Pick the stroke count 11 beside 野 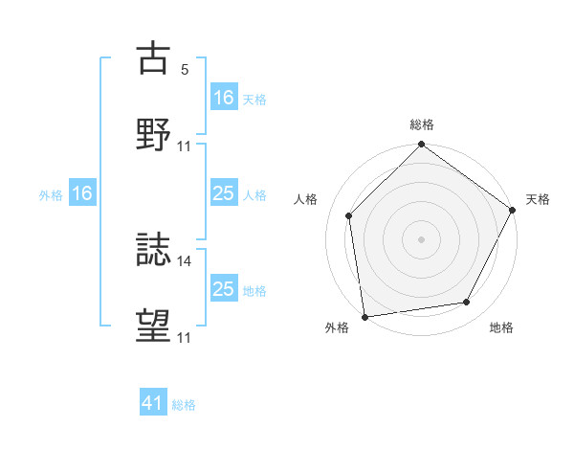[x=185, y=146]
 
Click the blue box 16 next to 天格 [x=224, y=98]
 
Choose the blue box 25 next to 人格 [x=224, y=193]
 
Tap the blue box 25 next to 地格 [x=224, y=289]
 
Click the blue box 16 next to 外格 [x=82, y=193]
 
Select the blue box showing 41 [x=153, y=404]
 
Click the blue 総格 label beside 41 [x=184, y=405]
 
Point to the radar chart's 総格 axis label [x=422, y=124]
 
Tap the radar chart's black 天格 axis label [x=539, y=199]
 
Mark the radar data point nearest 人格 [x=349, y=215]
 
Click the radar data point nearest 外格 [x=364, y=316]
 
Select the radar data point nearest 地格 [x=467, y=302]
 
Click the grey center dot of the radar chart [x=422, y=238]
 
